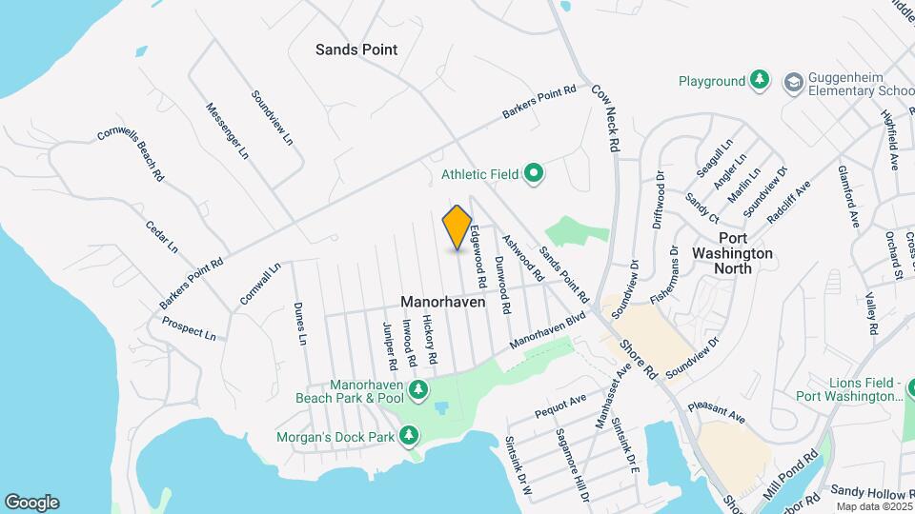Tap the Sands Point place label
click(x=356, y=49)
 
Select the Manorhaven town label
click(x=442, y=302)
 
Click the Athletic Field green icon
click(x=535, y=174)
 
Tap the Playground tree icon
click(x=760, y=81)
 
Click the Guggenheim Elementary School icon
click(x=793, y=83)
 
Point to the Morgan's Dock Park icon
click(x=409, y=436)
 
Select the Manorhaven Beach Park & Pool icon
click(x=417, y=389)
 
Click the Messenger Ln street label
click(x=227, y=131)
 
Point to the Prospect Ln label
click(x=189, y=329)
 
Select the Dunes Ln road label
click(x=301, y=324)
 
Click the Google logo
click(x=31, y=503)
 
